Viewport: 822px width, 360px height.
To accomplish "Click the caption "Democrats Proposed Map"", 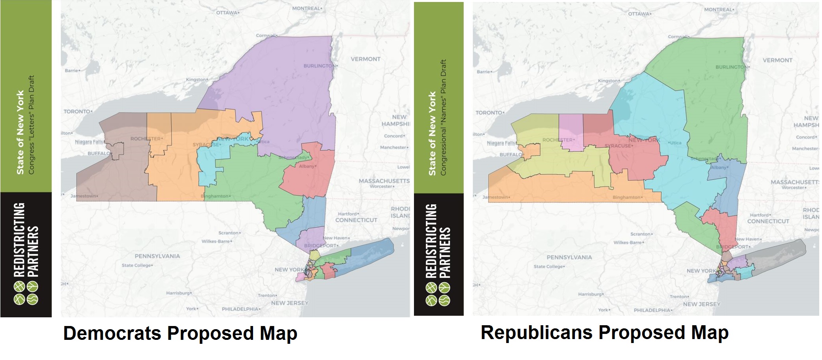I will [x=180, y=334].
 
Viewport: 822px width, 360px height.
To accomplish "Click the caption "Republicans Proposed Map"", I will [x=604, y=332].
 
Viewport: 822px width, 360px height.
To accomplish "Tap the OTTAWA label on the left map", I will [x=227, y=13].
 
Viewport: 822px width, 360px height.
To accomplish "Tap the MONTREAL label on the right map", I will [x=718, y=9].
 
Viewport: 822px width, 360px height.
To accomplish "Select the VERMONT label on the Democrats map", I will [x=365, y=59].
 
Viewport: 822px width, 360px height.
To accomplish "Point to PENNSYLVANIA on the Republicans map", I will [x=569, y=257].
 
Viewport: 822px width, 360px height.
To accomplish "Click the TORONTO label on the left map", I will [x=77, y=111].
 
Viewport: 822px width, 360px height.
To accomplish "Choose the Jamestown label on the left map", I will [x=84, y=196].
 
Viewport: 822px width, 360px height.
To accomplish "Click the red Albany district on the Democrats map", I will [x=308, y=174].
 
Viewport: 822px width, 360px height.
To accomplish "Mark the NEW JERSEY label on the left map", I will [x=289, y=303].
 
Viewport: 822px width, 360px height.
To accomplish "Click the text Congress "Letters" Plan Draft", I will [x=32, y=124].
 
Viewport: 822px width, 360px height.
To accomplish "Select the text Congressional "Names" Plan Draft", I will [x=443, y=117].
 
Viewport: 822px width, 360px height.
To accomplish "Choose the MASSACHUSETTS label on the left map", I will [x=384, y=181].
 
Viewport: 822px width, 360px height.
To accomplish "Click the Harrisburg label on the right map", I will [x=590, y=294].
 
